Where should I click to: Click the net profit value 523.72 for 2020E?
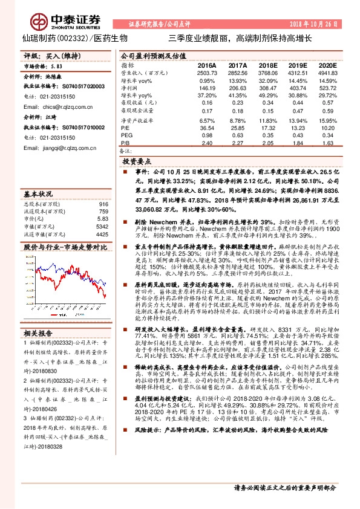(327, 88)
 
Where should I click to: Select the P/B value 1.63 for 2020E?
(327, 143)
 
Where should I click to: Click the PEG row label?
(127, 136)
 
